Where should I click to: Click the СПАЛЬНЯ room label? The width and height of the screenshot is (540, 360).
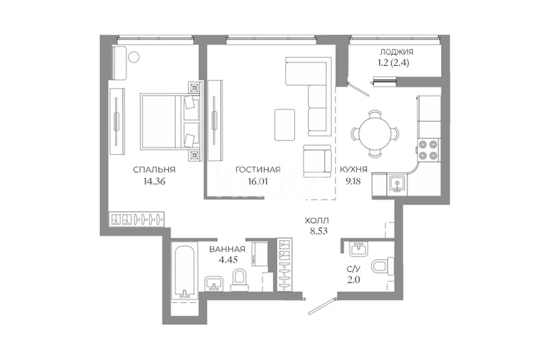154,169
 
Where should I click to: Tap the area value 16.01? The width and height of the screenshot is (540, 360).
258,181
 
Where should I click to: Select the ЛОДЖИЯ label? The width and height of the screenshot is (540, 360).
396,52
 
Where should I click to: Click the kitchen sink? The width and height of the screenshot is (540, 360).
397,182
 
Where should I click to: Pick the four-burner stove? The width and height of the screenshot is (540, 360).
428,150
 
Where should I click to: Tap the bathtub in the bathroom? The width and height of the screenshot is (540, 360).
185,271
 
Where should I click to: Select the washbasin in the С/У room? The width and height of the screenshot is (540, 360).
359,248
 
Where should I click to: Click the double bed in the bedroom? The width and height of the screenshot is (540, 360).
170,122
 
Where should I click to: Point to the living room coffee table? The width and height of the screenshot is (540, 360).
285,124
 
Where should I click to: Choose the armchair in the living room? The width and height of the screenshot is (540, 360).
317,161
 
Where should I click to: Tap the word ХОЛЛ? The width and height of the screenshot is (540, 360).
317,220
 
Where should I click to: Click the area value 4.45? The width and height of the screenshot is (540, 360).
228,260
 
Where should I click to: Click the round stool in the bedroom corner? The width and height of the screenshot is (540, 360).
134,57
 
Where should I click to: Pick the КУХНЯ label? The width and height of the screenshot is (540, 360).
354,169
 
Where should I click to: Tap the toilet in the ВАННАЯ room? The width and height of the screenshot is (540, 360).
239,280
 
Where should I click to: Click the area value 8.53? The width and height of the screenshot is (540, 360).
319,231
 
